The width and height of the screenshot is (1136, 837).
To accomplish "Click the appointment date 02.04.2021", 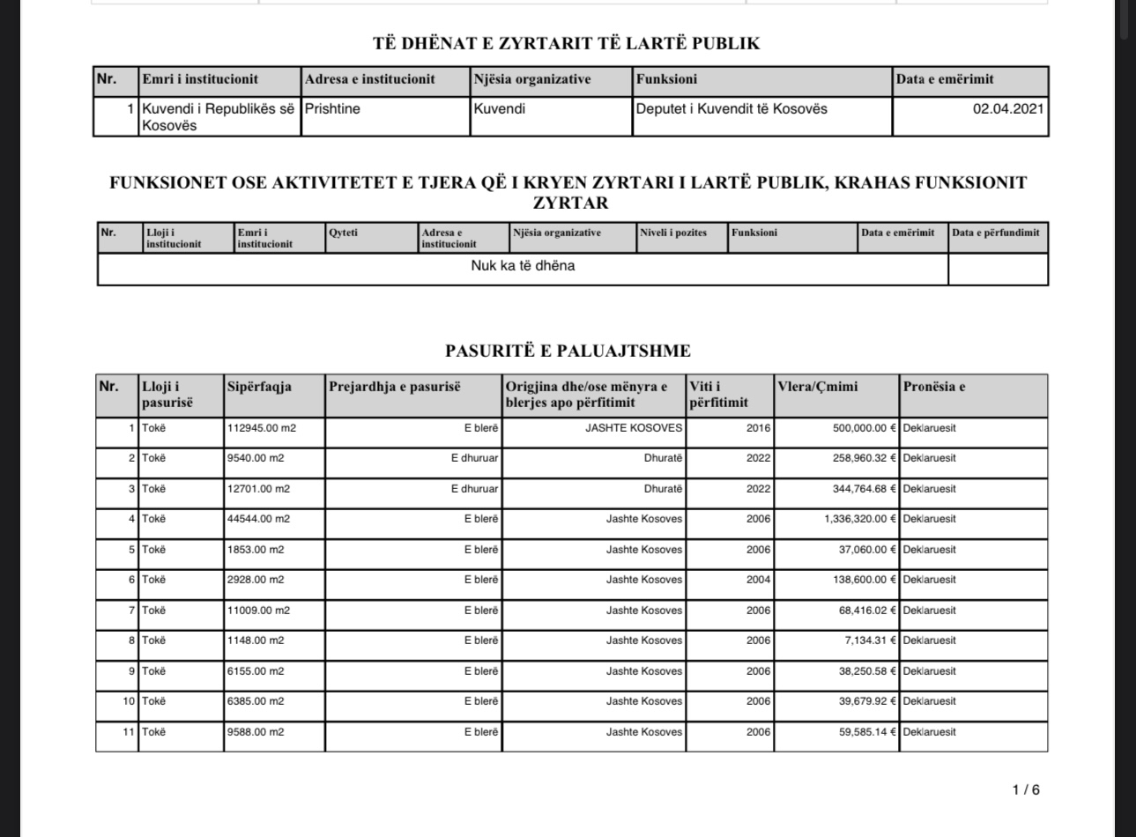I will point(1008,109).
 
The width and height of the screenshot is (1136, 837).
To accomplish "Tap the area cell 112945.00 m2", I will point(262,428).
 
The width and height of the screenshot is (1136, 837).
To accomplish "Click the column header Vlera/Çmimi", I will point(817,387).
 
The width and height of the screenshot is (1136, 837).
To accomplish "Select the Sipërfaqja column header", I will point(259,387).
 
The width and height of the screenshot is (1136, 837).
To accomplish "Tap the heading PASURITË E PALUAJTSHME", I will point(568,351).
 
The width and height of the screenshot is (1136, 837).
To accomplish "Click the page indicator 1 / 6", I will point(1026,789).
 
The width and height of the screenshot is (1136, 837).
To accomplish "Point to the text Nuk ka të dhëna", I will point(523,266).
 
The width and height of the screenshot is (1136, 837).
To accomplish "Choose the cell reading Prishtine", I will point(332,109).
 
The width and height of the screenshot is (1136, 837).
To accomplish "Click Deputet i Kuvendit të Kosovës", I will point(731,109).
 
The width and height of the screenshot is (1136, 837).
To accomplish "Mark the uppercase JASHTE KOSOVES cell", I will point(634,428).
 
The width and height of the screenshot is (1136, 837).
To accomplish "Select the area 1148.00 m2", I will point(256,641).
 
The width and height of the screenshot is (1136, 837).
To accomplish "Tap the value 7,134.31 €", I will point(870,641).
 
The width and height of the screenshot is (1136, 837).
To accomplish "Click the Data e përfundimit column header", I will point(996,233).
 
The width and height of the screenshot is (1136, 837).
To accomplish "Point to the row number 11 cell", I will point(129,732).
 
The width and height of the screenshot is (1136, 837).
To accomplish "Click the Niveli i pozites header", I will point(673,233).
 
